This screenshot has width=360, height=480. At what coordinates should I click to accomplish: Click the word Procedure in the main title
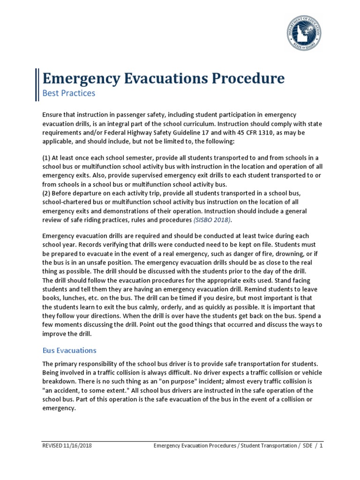tap(247, 78)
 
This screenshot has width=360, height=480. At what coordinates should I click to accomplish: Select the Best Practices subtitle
tap(68, 93)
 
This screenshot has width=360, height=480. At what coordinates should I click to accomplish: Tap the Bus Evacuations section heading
tap(69, 350)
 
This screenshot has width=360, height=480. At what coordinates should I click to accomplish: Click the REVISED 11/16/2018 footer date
tap(67, 446)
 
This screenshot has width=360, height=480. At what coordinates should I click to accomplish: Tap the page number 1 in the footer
tap(321, 446)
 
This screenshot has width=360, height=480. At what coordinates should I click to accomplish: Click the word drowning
tap(267, 254)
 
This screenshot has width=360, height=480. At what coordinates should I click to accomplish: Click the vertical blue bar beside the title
tap(37, 84)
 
